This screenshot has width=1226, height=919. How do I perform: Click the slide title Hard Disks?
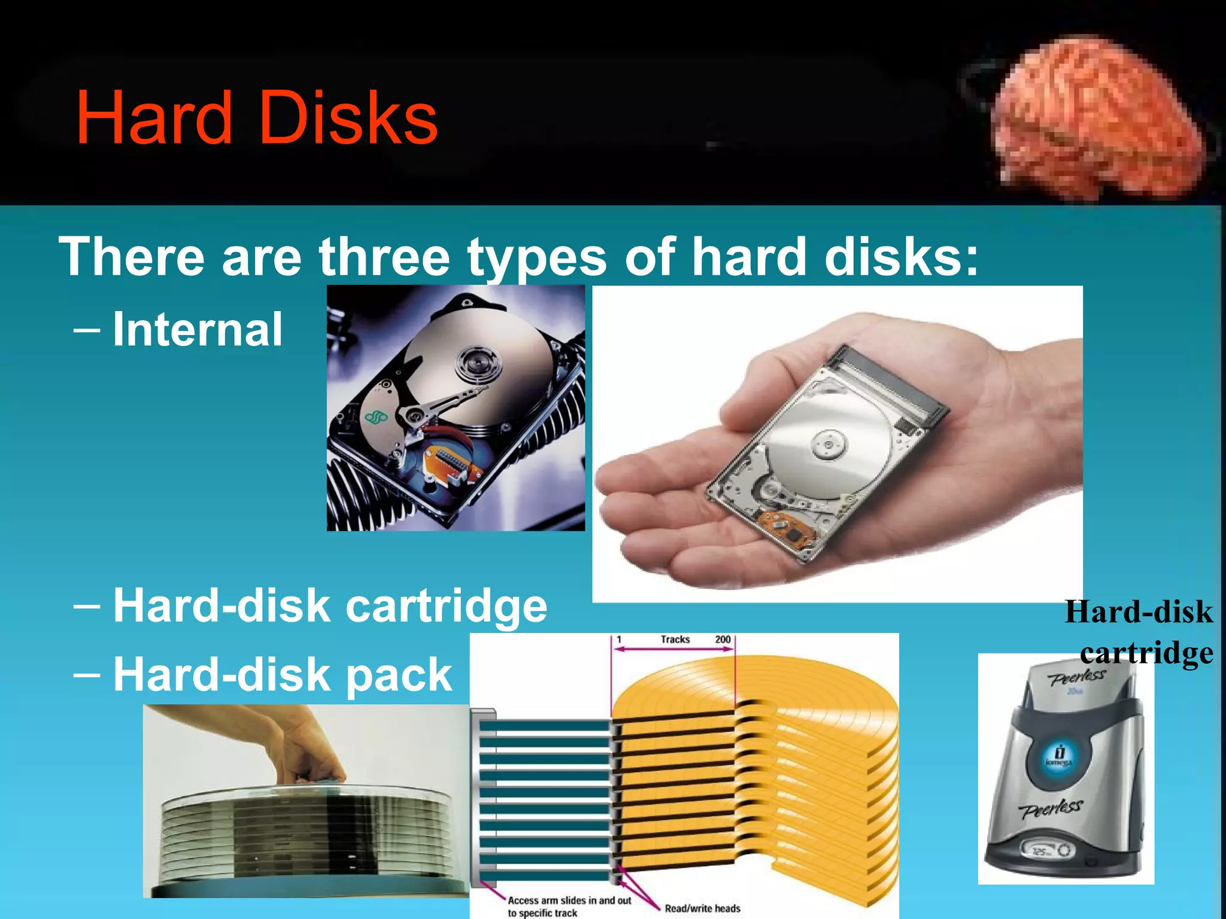[257, 118]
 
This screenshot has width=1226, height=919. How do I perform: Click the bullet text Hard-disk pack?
[282, 674]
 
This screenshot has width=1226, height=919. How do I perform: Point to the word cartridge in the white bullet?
[446, 605]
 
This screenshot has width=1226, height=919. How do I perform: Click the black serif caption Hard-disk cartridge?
[1139, 632]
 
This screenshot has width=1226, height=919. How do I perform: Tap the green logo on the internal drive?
[377, 418]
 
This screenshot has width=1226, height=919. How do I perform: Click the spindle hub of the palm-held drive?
[829, 445]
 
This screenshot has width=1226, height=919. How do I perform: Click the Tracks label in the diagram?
[675, 640]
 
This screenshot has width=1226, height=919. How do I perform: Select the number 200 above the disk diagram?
[723, 640]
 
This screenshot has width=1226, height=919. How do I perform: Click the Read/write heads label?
[702, 908]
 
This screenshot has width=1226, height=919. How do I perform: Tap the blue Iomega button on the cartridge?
[1058, 757]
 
